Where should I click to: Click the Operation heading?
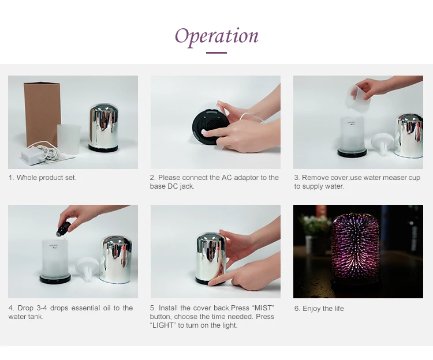pyautogui.click(x=216, y=37)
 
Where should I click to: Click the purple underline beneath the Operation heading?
pyautogui.click(x=216, y=52)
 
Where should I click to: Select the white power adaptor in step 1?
pyautogui.click(x=31, y=156)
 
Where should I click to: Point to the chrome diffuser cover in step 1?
pyautogui.click(x=104, y=126)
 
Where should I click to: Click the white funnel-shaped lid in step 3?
pyautogui.click(x=382, y=144)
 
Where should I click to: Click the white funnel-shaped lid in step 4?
pyautogui.click(x=87, y=269)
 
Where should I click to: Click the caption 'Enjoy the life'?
pyautogui.click(x=323, y=309)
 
